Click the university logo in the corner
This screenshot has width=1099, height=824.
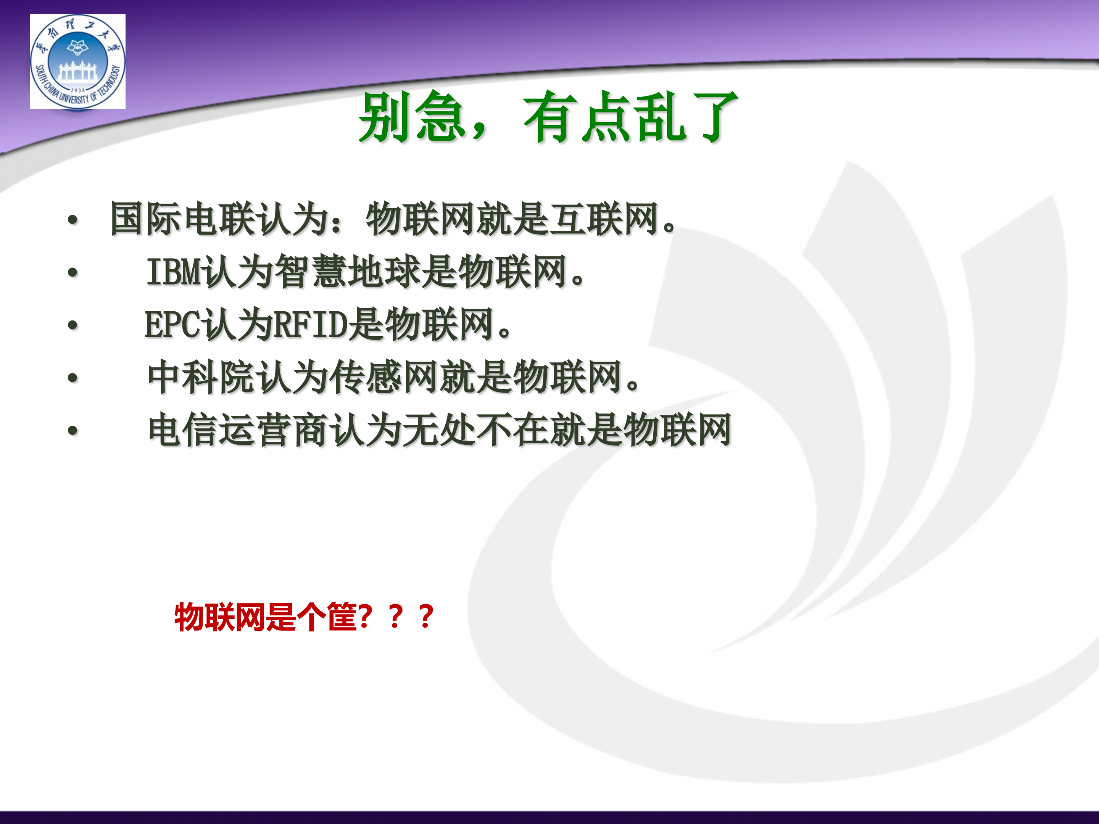pos(77,61)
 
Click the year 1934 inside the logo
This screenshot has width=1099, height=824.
pos(78,90)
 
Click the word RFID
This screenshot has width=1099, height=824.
pos(311,325)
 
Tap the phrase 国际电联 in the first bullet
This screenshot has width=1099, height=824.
pos(182,219)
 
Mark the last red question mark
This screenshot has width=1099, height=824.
pos(426,617)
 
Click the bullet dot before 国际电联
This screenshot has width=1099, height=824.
pos(73,219)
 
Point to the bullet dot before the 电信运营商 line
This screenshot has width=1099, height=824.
pos(73,430)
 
